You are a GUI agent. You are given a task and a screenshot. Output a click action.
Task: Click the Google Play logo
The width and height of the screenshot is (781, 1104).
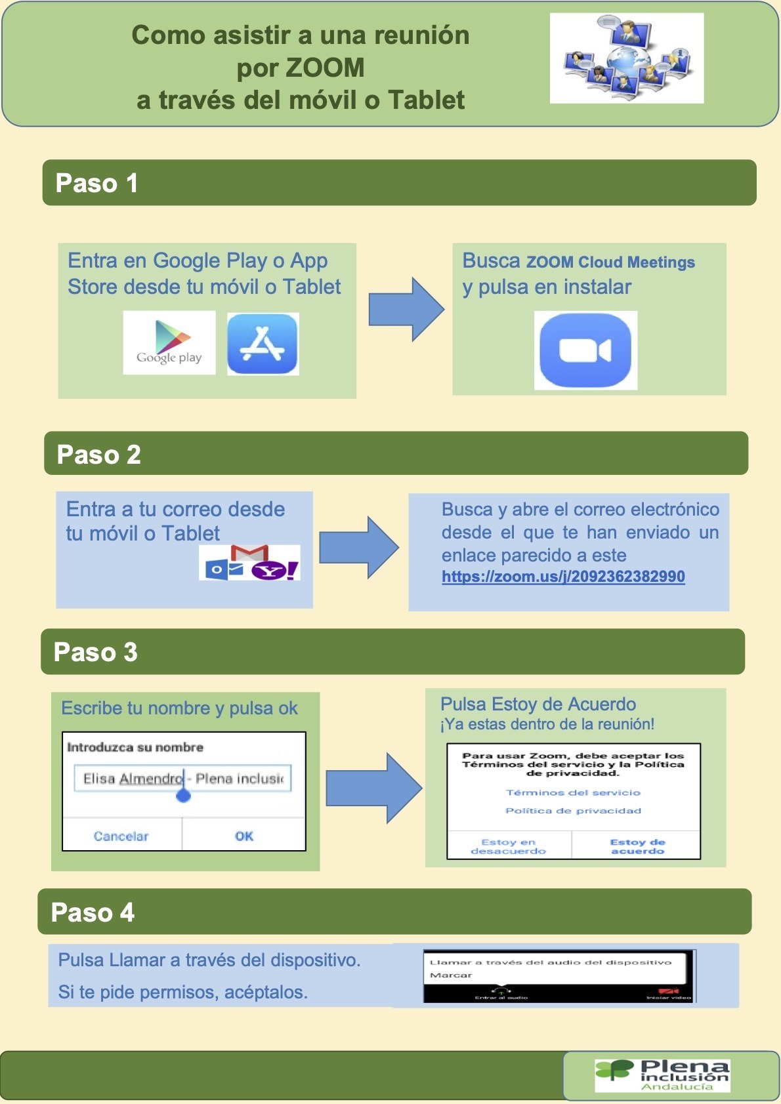169,342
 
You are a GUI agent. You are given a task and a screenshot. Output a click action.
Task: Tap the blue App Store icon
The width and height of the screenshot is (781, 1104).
263,344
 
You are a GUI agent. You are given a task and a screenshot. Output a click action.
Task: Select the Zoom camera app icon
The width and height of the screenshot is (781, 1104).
585,350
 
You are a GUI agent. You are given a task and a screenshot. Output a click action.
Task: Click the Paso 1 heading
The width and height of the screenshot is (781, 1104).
96,183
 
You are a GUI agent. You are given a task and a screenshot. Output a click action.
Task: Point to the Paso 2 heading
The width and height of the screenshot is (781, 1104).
98,454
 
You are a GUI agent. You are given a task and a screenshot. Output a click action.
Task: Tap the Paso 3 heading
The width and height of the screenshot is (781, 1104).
96,652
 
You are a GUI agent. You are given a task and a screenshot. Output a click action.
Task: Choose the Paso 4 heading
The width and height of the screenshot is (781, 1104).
93,912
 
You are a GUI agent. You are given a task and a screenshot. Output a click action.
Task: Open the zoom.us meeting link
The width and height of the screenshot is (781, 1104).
563,577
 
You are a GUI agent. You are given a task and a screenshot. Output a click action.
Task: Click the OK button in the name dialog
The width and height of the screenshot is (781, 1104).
243,836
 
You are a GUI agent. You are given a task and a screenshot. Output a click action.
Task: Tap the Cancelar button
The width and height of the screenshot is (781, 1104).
121,836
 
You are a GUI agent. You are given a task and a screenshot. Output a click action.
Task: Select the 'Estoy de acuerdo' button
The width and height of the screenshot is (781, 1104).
637,846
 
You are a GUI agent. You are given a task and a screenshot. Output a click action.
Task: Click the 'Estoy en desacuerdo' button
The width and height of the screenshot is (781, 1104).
509,846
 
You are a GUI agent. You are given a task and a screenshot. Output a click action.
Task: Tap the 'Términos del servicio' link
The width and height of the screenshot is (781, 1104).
573,792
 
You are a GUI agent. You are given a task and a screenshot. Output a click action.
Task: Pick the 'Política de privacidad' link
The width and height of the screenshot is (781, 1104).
573,811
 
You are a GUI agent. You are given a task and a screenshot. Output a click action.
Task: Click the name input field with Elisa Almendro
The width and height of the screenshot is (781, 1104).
182,779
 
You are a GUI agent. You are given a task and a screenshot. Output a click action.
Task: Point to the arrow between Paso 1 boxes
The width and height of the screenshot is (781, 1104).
406,309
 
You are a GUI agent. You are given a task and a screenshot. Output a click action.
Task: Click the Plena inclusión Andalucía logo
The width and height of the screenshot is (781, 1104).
662,1075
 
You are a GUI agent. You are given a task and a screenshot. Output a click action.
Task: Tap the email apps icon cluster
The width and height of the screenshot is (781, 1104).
249,563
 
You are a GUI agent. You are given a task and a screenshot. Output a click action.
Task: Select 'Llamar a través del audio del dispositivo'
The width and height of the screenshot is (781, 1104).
551,962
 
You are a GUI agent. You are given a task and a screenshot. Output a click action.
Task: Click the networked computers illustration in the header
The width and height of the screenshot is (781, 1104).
626,58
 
